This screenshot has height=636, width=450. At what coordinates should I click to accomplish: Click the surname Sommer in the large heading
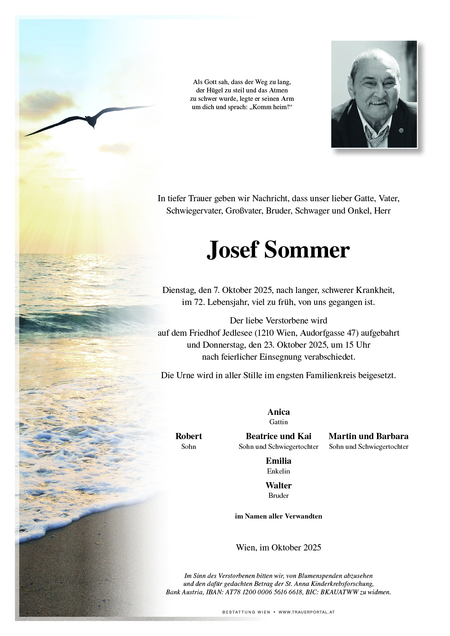[307, 250]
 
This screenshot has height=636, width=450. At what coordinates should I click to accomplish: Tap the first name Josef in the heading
[232, 250]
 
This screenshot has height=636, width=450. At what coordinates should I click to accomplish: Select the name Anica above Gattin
[278, 412]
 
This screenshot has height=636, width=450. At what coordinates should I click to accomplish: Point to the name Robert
[188, 436]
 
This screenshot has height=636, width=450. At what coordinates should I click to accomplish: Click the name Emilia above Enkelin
[278, 461]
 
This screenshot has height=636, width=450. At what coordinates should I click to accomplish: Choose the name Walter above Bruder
[278, 486]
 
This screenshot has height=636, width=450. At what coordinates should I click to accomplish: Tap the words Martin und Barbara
[368, 436]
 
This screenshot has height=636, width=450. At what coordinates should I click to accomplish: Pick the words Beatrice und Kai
[278, 436]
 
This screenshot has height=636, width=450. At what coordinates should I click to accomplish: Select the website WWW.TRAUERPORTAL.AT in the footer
[306, 612]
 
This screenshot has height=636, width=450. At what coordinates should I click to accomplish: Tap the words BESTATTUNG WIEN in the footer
[246, 612]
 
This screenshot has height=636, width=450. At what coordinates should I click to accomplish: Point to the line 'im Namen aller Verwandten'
[278, 516]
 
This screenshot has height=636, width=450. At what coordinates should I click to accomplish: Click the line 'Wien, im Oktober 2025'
[278, 548]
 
